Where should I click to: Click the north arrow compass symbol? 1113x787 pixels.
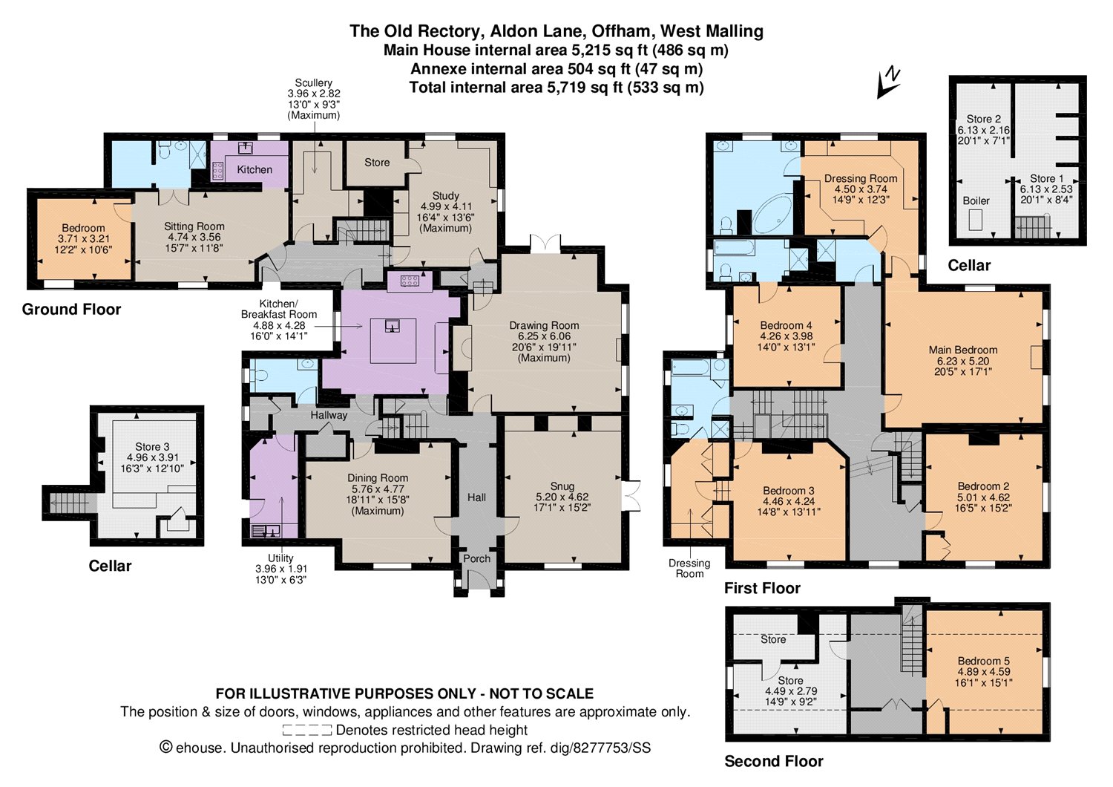tap(888, 83)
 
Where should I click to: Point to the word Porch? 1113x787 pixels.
tap(476, 558)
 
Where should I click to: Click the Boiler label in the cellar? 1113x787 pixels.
tap(976, 201)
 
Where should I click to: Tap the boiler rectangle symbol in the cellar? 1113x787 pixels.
tap(976, 220)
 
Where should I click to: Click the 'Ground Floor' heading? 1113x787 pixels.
tap(71, 310)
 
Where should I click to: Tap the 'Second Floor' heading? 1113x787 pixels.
tap(774, 761)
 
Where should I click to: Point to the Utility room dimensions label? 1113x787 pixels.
tap(280, 569)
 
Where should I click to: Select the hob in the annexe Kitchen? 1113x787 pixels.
tap(218, 171)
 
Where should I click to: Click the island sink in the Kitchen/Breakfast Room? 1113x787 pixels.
tap(393, 327)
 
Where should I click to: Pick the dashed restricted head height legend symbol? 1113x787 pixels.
tap(306, 730)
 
